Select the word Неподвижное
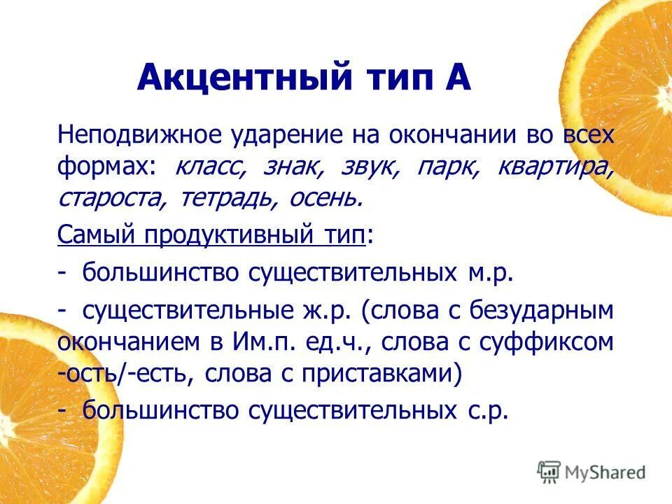pos(140,134)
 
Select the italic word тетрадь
pos(225,199)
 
